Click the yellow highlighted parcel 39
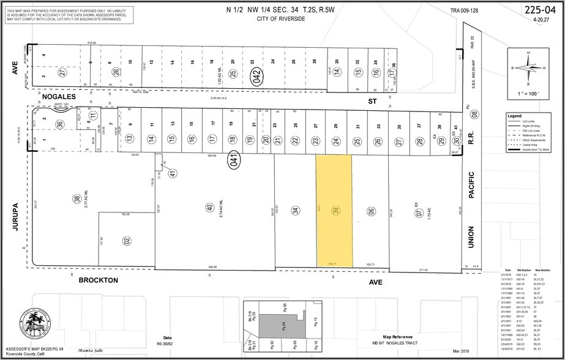(334, 210)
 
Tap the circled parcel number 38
(77, 198)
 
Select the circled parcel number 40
(209, 208)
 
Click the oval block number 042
(257, 78)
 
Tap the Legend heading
(514, 115)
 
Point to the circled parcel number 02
(127, 240)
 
